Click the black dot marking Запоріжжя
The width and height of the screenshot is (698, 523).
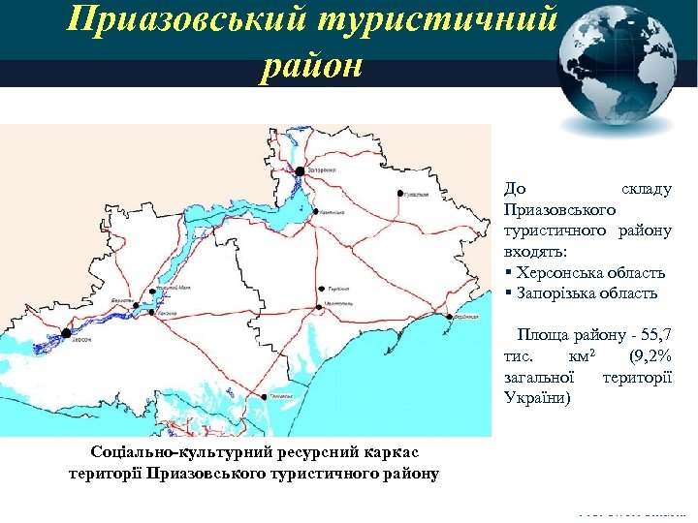301,170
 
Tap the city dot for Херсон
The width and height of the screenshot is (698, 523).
66,333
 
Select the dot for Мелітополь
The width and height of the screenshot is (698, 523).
319,307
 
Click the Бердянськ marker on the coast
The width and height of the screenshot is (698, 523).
449,316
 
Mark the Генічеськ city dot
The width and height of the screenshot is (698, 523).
264,396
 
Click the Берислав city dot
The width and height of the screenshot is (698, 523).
137,306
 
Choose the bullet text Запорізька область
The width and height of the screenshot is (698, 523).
587,292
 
